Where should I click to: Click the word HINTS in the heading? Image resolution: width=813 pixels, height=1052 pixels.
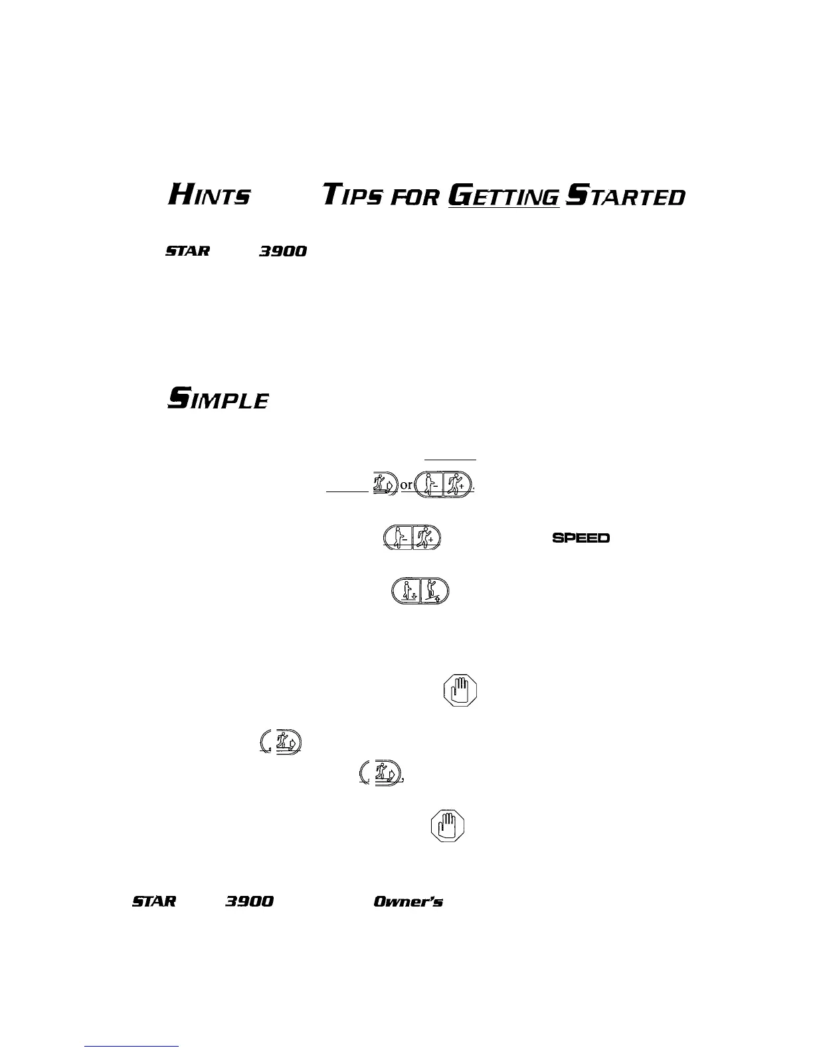[x=209, y=195]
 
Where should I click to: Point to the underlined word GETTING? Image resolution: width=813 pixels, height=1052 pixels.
[x=504, y=196]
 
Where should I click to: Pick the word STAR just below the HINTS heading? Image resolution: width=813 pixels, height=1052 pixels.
[x=187, y=251]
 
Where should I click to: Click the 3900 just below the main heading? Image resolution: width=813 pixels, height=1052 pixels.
[x=283, y=251]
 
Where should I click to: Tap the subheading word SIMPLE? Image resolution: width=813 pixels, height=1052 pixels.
[x=218, y=399]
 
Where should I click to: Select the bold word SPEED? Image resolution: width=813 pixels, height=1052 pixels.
[x=581, y=538]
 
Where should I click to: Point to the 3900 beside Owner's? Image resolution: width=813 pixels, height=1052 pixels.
[x=249, y=901]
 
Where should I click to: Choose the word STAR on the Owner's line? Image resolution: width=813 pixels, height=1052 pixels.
[x=154, y=901]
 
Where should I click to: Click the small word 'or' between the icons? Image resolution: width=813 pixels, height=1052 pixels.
[x=406, y=485]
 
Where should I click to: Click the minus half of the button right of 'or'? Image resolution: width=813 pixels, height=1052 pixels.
[x=429, y=483]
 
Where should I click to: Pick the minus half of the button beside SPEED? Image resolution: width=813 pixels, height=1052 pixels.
[x=399, y=537]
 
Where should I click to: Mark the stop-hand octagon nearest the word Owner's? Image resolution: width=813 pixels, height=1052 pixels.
[x=447, y=826]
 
